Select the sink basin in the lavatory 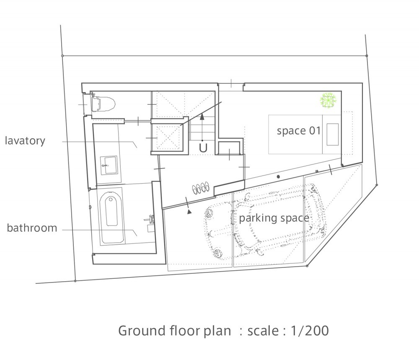tap(109, 165)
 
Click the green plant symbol tap(328, 100)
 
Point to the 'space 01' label tap(298, 131)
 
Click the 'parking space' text tap(274, 218)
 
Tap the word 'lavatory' tap(25, 140)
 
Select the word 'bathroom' tap(32, 228)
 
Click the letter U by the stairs tap(203, 148)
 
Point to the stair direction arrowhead tap(202, 116)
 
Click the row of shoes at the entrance tap(200, 188)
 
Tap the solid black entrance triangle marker tap(189, 212)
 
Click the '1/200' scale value tap(309, 331)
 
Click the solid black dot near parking tap(278, 176)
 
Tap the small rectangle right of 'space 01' tap(332, 135)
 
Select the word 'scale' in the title tap(263, 331)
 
